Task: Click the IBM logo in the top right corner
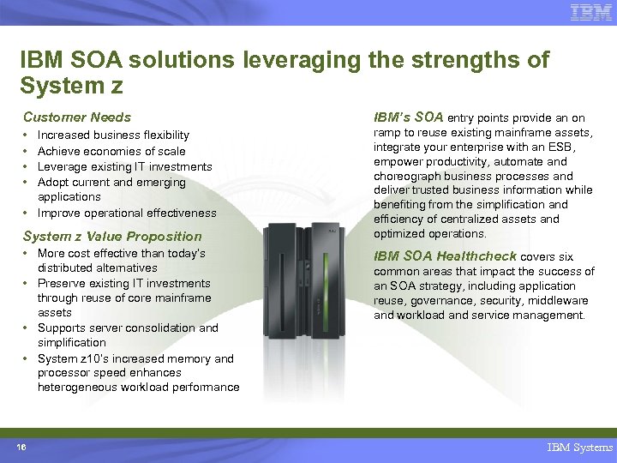590,12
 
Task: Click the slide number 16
20,447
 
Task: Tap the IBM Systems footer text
580,448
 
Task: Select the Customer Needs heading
77,117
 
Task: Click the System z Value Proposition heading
112,237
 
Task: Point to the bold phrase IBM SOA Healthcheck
445,256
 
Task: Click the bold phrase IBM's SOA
408,117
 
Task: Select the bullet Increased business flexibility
113,135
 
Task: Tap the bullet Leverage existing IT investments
124,166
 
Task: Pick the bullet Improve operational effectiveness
127,213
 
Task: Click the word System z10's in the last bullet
69,359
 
